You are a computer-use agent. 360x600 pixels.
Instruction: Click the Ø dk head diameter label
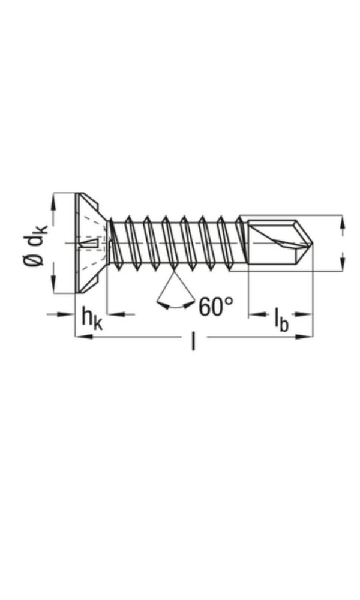[35, 243]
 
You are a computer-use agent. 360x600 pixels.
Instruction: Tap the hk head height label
[92, 319]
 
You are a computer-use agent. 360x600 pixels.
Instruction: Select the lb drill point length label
[281, 319]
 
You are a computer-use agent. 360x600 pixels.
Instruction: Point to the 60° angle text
[216, 307]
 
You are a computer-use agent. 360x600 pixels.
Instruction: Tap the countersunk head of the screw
[90, 243]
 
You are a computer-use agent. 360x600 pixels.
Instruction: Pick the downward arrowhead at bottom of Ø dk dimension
[53, 286]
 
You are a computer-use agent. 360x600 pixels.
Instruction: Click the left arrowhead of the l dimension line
[82, 337]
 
